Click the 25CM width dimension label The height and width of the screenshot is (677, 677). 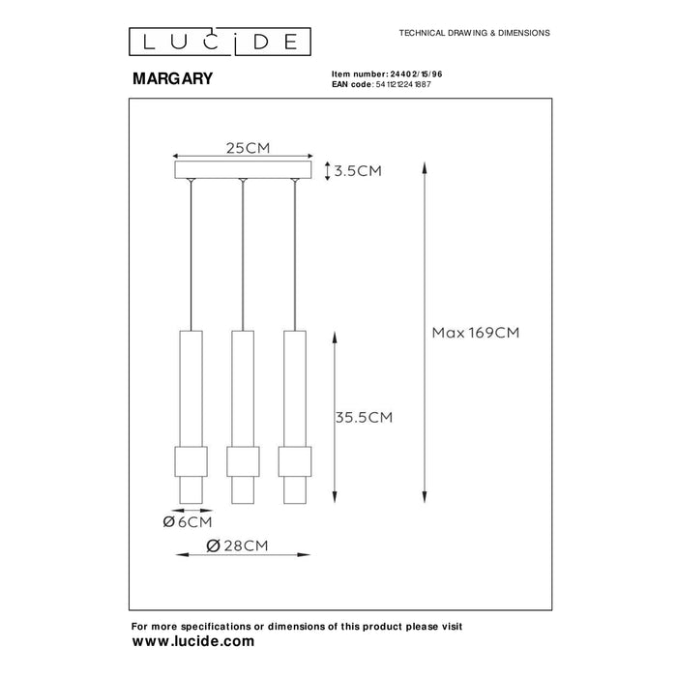pos(247,147)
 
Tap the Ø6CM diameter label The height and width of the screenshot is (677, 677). pos(189,523)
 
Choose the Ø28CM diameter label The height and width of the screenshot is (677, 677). pos(239,545)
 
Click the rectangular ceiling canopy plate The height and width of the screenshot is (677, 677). pos(243,171)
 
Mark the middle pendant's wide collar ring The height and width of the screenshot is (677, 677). pos(243,459)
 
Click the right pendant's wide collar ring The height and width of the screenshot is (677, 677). pos(294,459)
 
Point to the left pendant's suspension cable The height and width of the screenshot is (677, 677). pos(191,256)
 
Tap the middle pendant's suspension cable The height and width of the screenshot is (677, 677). pos(243,256)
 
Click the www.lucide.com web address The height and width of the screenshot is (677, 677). pos(192,641)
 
